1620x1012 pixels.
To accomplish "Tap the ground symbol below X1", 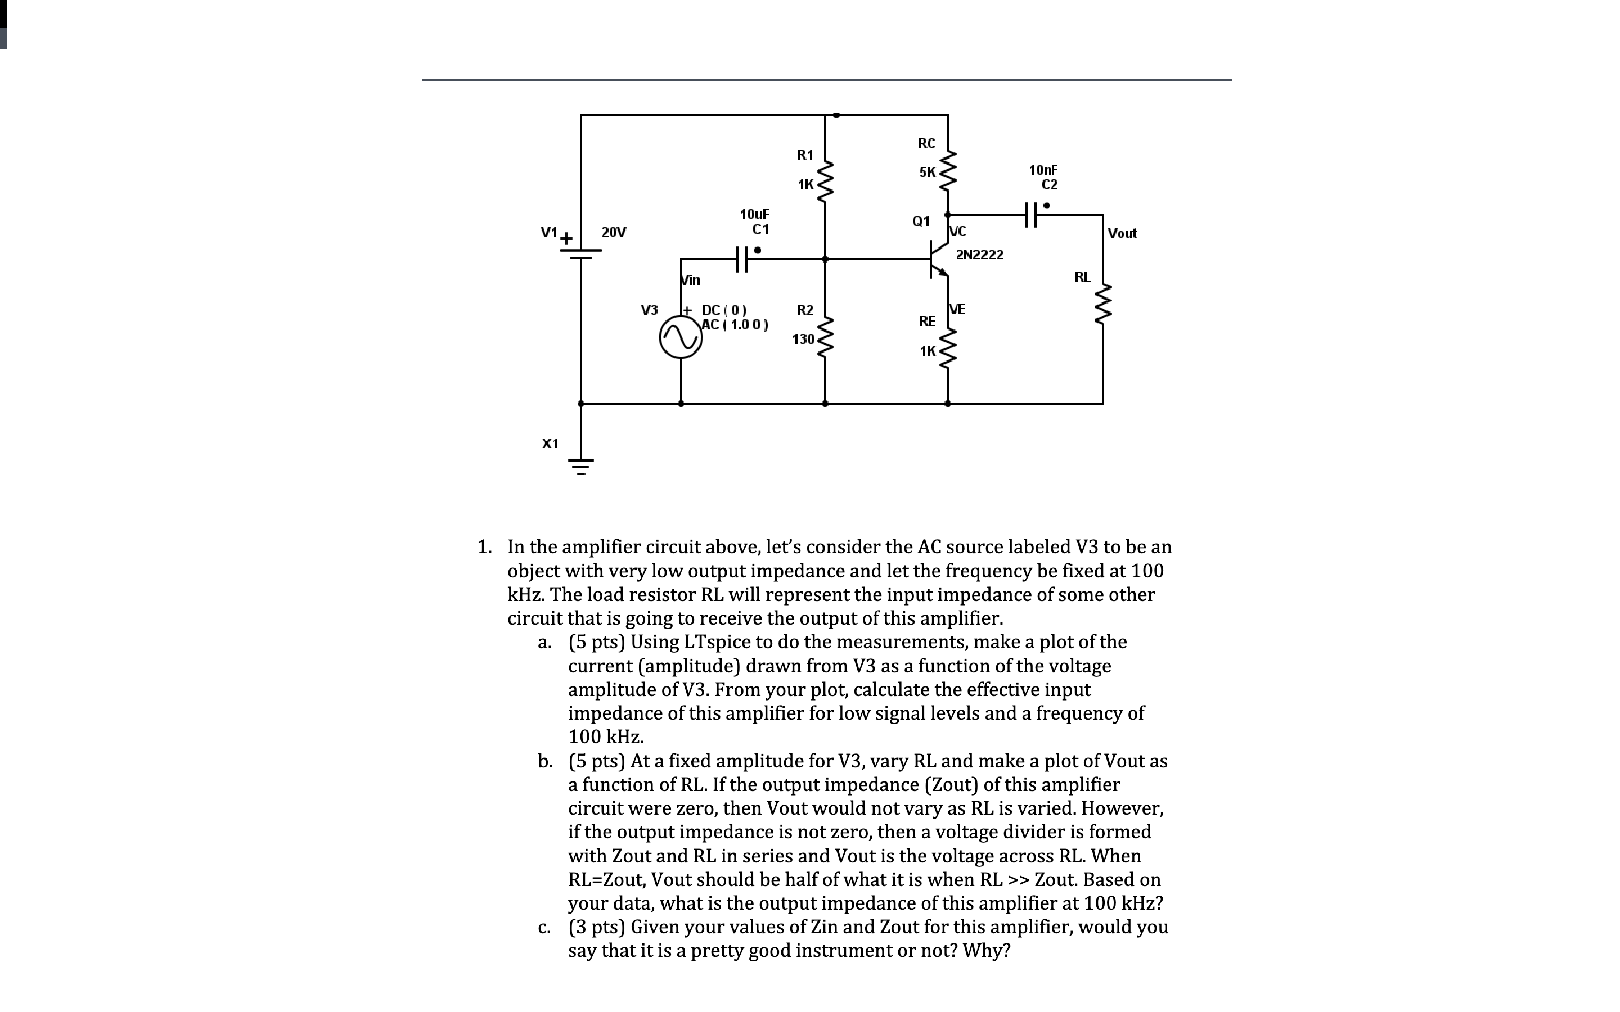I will [580, 466].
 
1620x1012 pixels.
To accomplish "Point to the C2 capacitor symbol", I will [1031, 215].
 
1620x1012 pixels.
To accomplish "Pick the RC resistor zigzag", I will [947, 171].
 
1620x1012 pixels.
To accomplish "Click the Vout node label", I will [1122, 233].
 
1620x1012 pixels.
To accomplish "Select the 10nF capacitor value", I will [1043, 170].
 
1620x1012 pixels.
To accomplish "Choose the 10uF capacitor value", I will [754, 214].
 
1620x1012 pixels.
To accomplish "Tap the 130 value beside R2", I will [803, 340].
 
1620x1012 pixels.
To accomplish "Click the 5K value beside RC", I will [927, 172].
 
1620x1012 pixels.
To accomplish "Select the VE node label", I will [958, 309].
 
